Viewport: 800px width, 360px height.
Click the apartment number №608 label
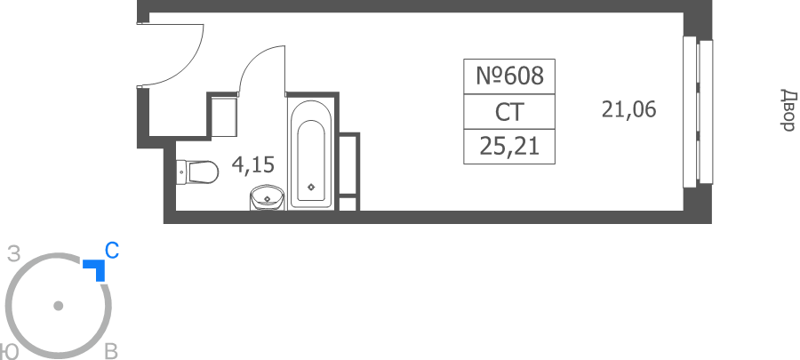(x=509, y=76)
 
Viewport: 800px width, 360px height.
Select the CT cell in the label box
(x=509, y=112)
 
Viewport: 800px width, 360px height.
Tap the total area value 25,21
(x=509, y=147)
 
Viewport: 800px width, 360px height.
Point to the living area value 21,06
(x=628, y=109)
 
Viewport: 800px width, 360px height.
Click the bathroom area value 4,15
(x=253, y=164)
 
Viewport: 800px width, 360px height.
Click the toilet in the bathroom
(x=197, y=172)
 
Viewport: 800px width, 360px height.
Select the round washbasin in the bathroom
(x=267, y=197)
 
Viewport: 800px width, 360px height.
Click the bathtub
(x=311, y=153)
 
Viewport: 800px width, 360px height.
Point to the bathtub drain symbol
(x=311, y=188)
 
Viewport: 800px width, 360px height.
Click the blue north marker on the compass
(x=97, y=268)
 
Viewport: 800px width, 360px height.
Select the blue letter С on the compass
(x=112, y=251)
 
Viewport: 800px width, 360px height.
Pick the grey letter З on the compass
(x=14, y=254)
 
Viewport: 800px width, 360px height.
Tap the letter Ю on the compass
(x=7, y=352)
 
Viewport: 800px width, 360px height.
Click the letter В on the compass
(x=111, y=352)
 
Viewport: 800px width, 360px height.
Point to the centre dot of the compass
(x=58, y=306)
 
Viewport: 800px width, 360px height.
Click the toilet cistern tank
(x=181, y=172)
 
